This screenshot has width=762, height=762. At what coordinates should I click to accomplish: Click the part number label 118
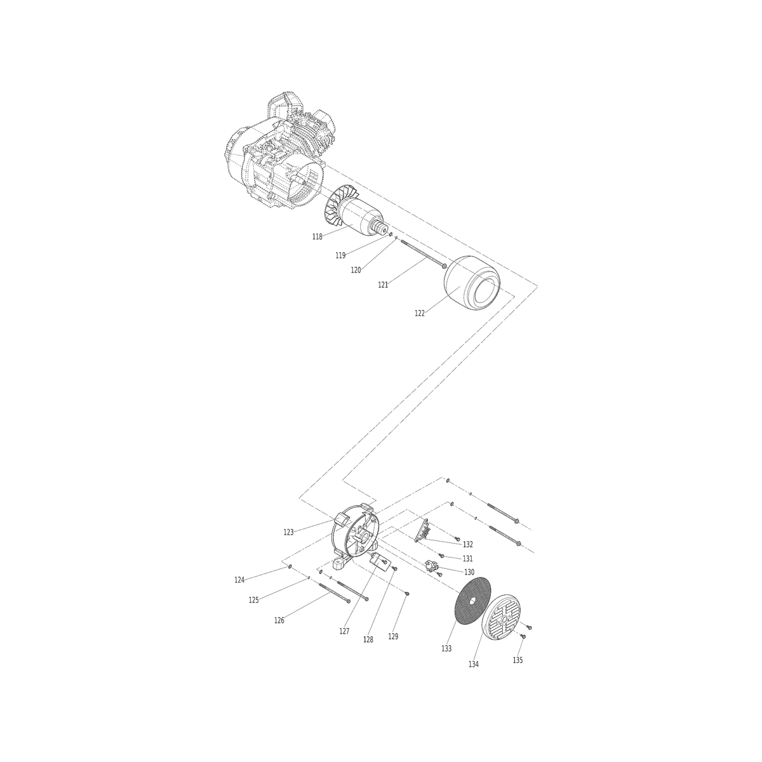point(317,237)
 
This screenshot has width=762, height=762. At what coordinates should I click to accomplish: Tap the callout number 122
point(420,313)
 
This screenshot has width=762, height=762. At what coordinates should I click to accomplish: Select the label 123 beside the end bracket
point(289,532)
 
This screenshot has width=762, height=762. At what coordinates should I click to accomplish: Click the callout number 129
point(393,636)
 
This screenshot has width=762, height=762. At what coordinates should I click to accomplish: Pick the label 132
point(468,544)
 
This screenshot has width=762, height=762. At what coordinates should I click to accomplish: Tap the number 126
point(279,620)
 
